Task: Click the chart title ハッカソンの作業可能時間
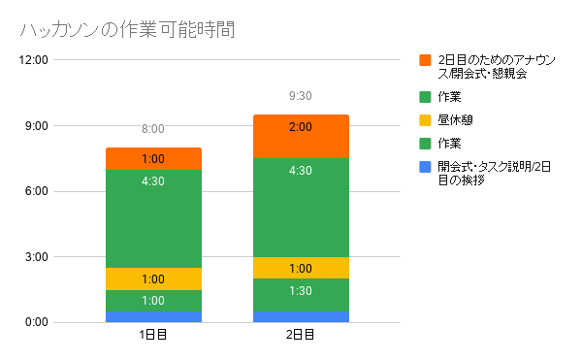tap(127, 30)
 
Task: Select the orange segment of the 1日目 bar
tap(153, 159)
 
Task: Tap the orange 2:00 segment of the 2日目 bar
tap(301, 137)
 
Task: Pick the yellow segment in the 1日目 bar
tap(153, 278)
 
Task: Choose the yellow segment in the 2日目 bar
tap(301, 268)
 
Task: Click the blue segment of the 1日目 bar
tap(153, 317)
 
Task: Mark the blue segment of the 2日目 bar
tap(301, 317)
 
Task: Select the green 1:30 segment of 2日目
tap(301, 295)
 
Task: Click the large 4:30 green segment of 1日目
tap(153, 218)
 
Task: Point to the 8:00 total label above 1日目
tap(153, 129)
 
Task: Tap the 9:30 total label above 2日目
tap(301, 96)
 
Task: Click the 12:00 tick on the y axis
tap(33, 60)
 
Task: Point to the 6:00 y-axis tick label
tap(37, 191)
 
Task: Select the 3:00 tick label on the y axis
tap(37, 257)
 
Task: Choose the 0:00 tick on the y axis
tap(37, 322)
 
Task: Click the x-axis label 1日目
tap(153, 335)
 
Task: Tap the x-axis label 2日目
tap(301, 335)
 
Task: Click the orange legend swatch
tap(425, 60)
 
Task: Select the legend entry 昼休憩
tap(455, 120)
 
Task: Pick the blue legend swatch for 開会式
tap(425, 167)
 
